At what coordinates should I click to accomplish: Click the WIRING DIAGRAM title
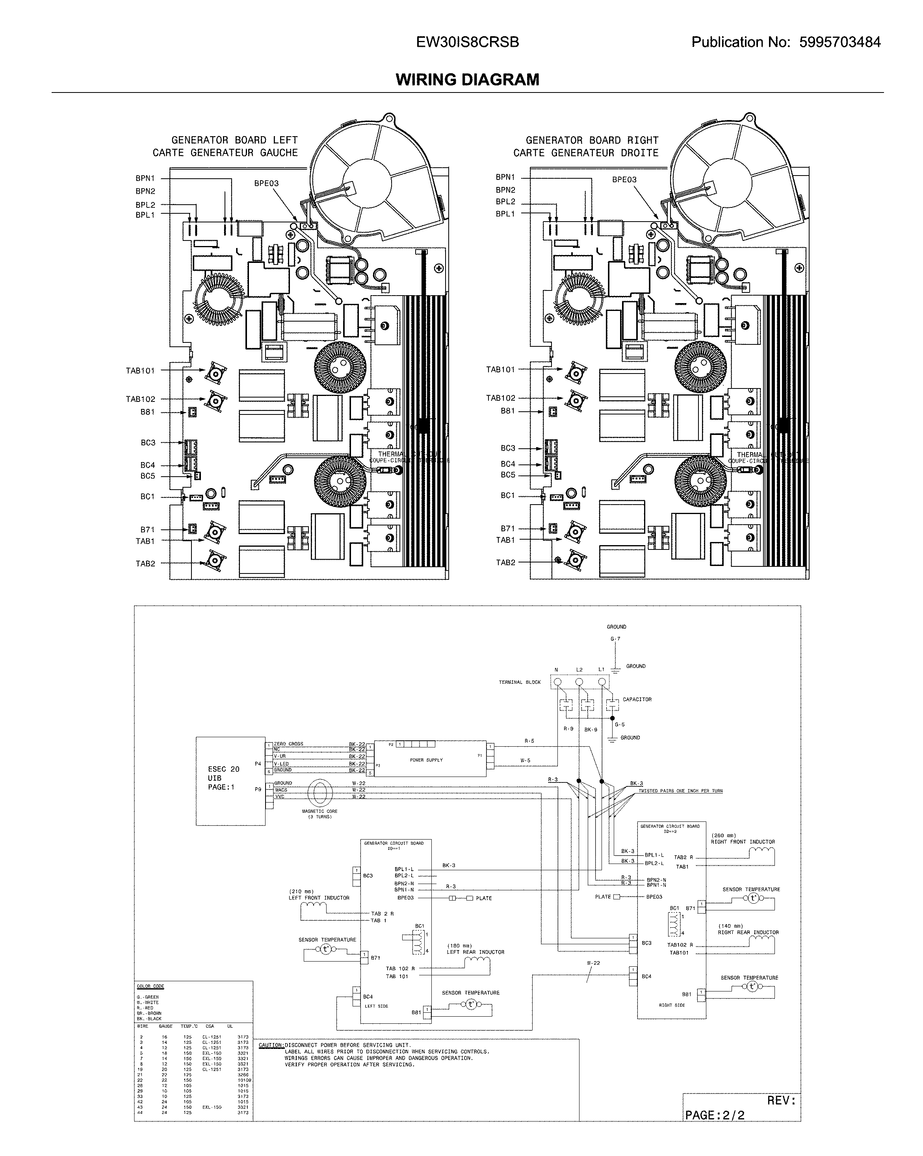pos(467,80)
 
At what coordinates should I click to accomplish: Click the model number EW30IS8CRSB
pos(467,43)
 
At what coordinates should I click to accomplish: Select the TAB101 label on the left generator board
pos(140,370)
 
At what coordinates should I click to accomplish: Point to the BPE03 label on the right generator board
pos(624,179)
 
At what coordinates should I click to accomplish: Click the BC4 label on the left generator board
pos(148,465)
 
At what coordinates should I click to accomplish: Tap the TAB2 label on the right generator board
pos(505,562)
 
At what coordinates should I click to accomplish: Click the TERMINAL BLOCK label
pos(520,683)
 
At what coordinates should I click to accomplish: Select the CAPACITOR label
pos(637,699)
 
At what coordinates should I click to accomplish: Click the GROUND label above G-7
pos(616,627)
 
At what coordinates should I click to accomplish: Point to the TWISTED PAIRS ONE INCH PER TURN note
pos(680,791)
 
